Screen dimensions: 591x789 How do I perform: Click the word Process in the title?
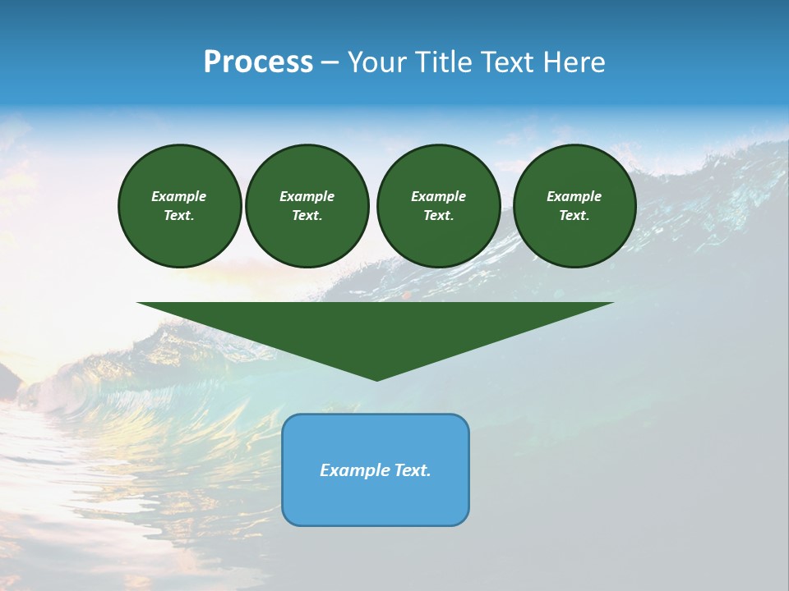point(258,62)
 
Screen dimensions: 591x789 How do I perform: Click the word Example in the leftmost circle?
point(179,196)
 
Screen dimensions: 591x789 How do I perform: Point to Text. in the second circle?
point(307,215)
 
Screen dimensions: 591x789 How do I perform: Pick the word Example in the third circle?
point(438,196)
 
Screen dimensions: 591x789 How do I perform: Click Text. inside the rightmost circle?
point(574,215)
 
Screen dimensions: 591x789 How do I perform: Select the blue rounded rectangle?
point(376,501)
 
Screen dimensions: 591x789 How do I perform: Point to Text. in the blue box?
point(412,470)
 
